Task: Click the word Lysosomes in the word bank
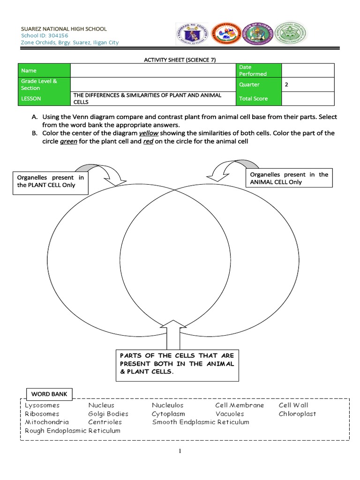click(x=42, y=405)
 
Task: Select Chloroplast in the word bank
click(x=297, y=414)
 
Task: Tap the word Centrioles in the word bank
click(x=105, y=422)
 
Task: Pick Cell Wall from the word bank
click(x=293, y=405)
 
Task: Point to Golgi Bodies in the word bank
click(x=108, y=414)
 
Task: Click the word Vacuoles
click(x=230, y=414)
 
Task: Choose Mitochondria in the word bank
click(x=47, y=422)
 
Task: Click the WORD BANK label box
click(x=49, y=394)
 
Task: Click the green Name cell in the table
click(x=44, y=70)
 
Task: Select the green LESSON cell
click(x=44, y=98)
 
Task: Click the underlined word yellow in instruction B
click(x=149, y=133)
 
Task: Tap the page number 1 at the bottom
click(x=180, y=451)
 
